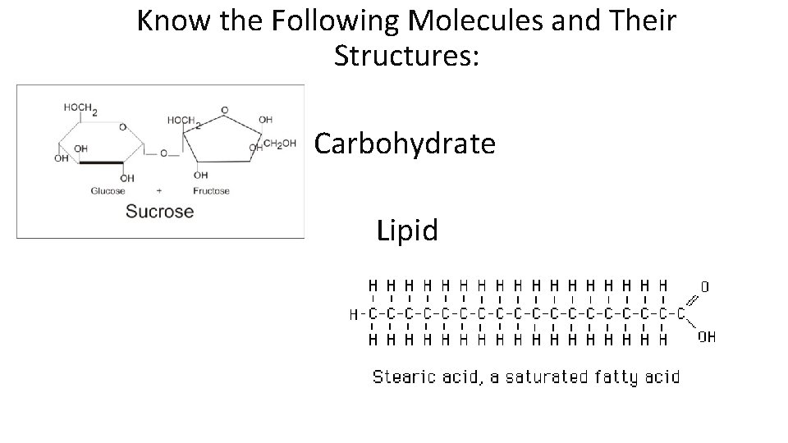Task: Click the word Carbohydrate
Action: coord(405,144)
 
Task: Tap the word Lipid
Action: coord(407,231)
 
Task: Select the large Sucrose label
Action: coord(159,212)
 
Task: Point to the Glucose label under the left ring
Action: coord(108,191)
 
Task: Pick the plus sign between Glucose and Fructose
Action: coord(158,191)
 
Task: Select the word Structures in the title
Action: coord(403,56)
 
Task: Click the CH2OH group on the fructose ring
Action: coord(280,144)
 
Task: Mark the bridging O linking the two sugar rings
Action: coord(164,153)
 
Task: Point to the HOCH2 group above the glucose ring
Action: coord(81,107)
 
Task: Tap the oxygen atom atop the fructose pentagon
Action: coord(225,109)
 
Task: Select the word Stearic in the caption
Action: coord(403,377)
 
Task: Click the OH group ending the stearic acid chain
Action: coord(706,336)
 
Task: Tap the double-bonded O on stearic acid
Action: coord(704,287)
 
